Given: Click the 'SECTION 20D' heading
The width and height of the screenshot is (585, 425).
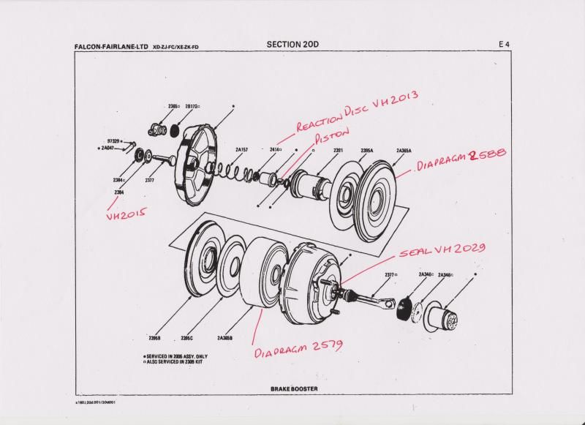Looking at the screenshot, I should click(x=292, y=44).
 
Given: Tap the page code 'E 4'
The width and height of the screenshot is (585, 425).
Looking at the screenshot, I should click(x=504, y=45).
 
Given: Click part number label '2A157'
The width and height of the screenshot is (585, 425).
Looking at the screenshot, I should click(x=242, y=149).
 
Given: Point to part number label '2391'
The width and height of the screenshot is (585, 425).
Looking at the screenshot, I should click(x=339, y=150).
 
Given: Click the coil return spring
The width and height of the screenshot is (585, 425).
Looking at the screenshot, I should click(x=233, y=171).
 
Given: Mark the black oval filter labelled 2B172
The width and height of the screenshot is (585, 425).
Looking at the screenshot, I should click(x=174, y=131).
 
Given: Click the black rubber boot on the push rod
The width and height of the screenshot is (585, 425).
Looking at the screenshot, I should click(x=401, y=309).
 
